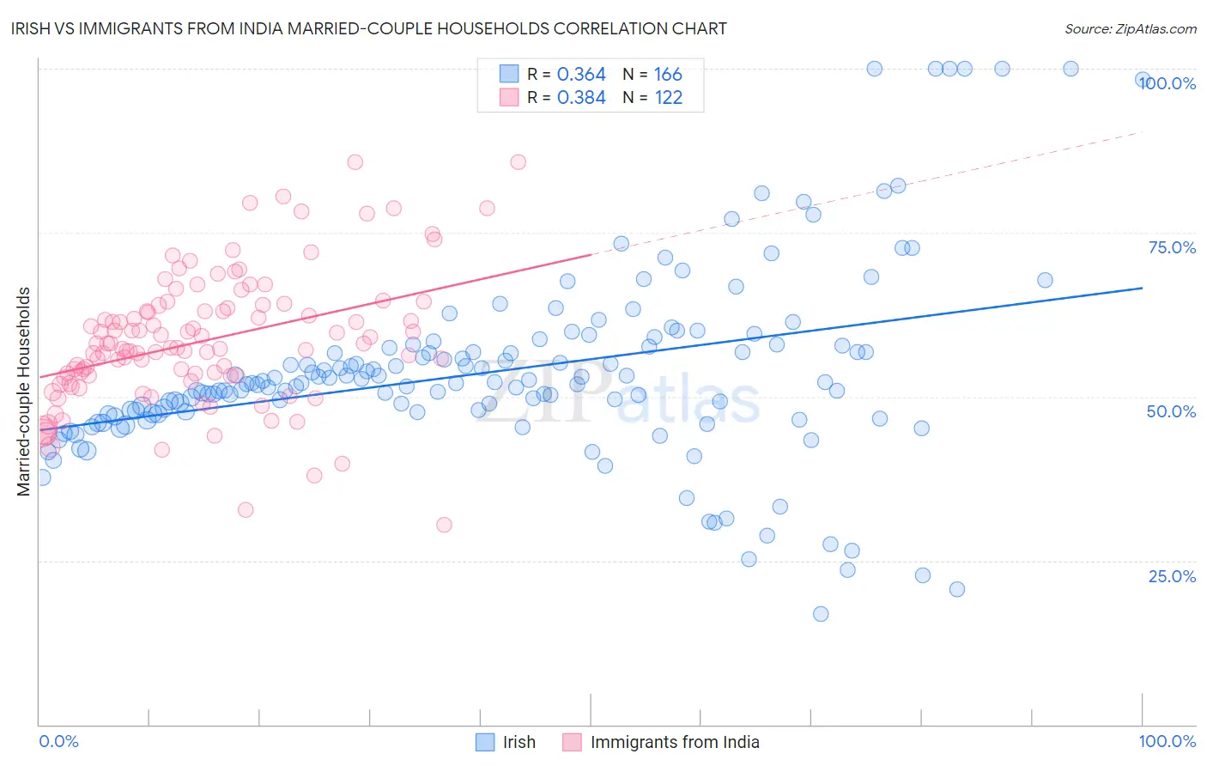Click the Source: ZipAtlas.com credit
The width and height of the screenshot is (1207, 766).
1130,28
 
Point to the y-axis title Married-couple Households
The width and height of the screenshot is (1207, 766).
24,392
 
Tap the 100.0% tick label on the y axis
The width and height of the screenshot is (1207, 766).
1168,83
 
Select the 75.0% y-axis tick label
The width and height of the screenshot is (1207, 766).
1172,247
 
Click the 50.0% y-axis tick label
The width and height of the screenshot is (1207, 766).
1171,411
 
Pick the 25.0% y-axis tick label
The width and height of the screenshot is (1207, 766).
1172,576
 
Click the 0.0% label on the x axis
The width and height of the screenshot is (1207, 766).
58,741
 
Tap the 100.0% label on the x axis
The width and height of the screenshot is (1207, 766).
1167,741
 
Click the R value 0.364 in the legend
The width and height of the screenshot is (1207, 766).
581,75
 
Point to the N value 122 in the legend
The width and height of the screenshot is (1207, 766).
669,98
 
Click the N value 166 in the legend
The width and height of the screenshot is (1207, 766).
668,75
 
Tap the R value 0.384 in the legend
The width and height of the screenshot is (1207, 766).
581,98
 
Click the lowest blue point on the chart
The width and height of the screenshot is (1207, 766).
821,614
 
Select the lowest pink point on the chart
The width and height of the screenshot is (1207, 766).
444,525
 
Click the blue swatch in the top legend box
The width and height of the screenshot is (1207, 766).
509,75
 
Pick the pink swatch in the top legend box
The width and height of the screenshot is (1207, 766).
509,98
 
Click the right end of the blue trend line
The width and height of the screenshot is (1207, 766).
1142,289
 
